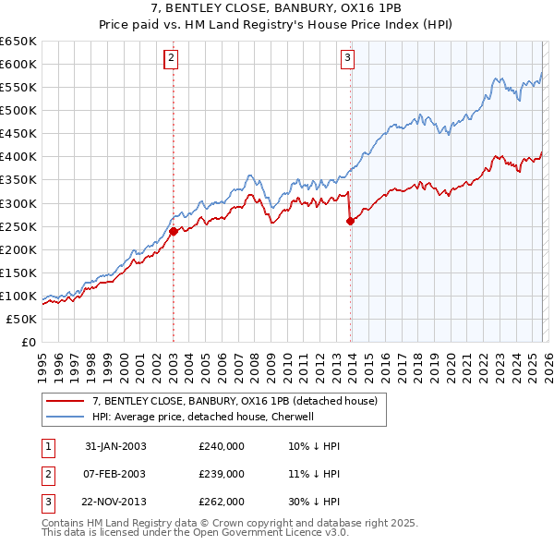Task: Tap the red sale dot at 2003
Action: click(x=173, y=231)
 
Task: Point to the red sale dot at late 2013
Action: click(x=351, y=220)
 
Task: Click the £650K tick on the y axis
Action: click(x=18, y=42)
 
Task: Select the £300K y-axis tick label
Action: click(x=18, y=203)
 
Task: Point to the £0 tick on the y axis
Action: click(x=29, y=343)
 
